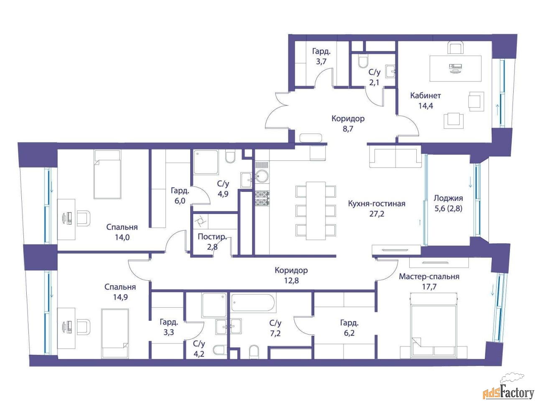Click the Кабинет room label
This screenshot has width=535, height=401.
tap(425, 95)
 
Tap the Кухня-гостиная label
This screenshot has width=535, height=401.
tap(377, 203)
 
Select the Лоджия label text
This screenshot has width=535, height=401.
tap(448, 198)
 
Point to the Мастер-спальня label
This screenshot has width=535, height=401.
tap(429, 277)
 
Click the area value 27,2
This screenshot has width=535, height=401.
tap(377, 214)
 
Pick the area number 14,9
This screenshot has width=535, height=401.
tap(120, 297)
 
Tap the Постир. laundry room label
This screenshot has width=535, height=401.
tap(212, 236)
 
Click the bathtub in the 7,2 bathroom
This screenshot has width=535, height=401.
tap(253, 303)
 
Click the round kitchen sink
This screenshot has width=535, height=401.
tap(262, 176)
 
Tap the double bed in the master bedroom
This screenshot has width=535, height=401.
tap(433, 325)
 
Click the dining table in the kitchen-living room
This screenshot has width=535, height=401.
tap(316, 211)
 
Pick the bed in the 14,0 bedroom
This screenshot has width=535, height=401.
tap(107, 174)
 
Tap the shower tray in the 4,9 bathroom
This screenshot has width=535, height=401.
tap(206, 162)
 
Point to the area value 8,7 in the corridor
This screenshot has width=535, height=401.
tap(348, 129)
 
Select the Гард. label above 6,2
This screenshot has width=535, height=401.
tap(349, 323)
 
